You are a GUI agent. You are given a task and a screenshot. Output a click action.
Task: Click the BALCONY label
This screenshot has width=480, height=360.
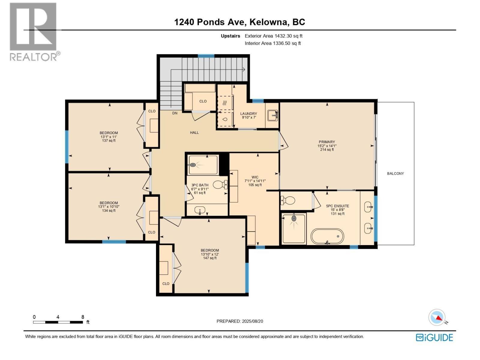[395, 173]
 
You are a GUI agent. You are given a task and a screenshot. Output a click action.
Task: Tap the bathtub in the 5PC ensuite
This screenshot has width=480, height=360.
[327, 237]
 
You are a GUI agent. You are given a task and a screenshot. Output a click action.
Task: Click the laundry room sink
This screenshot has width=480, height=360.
[272, 115]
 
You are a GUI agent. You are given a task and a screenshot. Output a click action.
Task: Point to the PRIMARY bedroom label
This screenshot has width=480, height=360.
[327, 142]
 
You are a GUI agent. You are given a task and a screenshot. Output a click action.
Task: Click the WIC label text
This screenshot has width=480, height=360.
[255, 177]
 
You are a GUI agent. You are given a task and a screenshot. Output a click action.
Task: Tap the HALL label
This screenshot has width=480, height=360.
[194, 132]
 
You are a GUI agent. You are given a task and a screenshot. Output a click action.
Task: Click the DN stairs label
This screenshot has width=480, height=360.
[175, 113]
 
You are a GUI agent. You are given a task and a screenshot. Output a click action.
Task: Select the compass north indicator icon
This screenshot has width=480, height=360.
[437, 317]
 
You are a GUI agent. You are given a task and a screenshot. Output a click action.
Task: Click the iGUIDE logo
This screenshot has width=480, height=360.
[434, 337]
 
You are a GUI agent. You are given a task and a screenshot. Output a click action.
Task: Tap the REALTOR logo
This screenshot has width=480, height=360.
[33, 31]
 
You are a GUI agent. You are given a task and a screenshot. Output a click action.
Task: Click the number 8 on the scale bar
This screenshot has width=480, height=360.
[83, 317]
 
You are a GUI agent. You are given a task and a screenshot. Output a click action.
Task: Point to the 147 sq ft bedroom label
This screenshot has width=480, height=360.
[210, 258]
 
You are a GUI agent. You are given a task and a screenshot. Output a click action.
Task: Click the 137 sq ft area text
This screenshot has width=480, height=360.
[109, 140]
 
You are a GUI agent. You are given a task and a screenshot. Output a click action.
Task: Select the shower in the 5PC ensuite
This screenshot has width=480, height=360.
[294, 229]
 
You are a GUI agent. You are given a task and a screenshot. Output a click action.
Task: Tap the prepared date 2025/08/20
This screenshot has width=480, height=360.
[252, 321]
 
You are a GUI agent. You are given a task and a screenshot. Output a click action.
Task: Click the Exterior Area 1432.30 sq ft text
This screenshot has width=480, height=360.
[273, 36]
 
